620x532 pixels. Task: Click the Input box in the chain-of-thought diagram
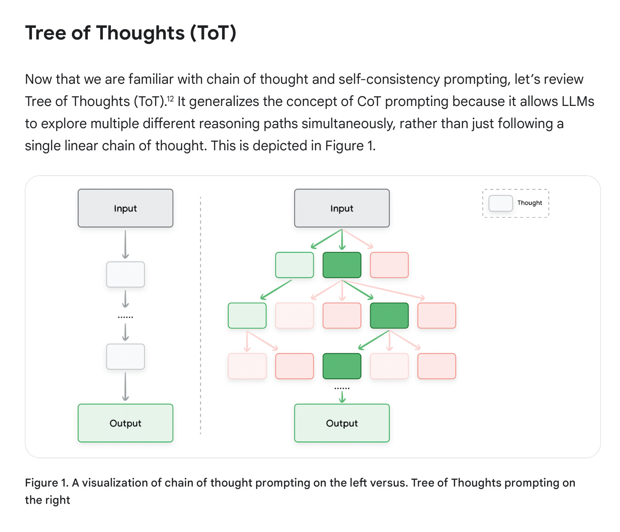pyautogui.click(x=125, y=208)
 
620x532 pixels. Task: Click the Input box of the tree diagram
pyautogui.click(x=342, y=208)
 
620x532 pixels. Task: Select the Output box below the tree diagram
pyautogui.click(x=342, y=423)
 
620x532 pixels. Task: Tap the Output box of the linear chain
pyautogui.click(x=125, y=423)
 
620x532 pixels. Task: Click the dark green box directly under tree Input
pyautogui.click(x=342, y=265)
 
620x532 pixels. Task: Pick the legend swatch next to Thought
pyautogui.click(x=500, y=203)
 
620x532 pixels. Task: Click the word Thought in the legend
pyautogui.click(x=530, y=203)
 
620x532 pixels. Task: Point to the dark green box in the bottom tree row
pyautogui.click(x=342, y=366)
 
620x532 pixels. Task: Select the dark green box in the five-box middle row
pyautogui.click(x=389, y=316)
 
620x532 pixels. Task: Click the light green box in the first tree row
pyautogui.click(x=294, y=265)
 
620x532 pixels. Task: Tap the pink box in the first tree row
pyautogui.click(x=389, y=265)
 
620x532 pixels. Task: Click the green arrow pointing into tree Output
pyautogui.click(x=342, y=398)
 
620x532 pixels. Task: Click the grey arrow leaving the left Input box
pyautogui.click(x=125, y=244)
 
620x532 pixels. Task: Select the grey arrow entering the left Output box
pyautogui.click(x=125, y=387)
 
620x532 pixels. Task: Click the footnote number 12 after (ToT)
pyautogui.click(x=170, y=99)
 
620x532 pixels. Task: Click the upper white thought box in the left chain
pyautogui.click(x=125, y=274)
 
